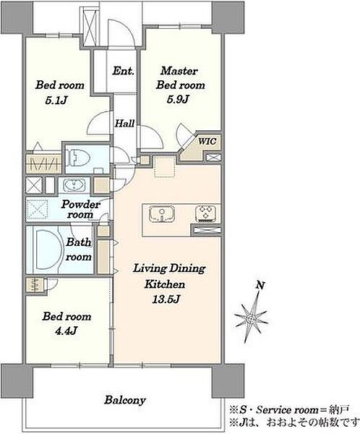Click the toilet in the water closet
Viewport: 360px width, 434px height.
(x=78, y=158)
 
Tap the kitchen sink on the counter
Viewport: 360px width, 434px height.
(x=162, y=214)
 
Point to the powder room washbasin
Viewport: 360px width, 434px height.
(x=74, y=185)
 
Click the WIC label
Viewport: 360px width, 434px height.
(x=207, y=142)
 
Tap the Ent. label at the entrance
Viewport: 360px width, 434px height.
(x=123, y=71)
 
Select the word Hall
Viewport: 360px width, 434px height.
(x=125, y=123)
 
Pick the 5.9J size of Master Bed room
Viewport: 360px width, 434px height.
(x=178, y=99)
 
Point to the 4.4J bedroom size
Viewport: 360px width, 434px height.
(x=66, y=331)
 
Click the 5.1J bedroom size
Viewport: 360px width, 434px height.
(x=56, y=100)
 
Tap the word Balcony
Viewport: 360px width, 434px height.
(x=125, y=400)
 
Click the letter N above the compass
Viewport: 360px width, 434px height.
(x=260, y=285)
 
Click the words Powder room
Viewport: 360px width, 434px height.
(x=80, y=209)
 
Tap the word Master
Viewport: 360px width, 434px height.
(x=179, y=71)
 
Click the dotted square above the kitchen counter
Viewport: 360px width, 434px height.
(x=166, y=166)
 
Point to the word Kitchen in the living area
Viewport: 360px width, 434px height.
(x=165, y=284)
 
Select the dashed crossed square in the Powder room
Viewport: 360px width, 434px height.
(x=38, y=209)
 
